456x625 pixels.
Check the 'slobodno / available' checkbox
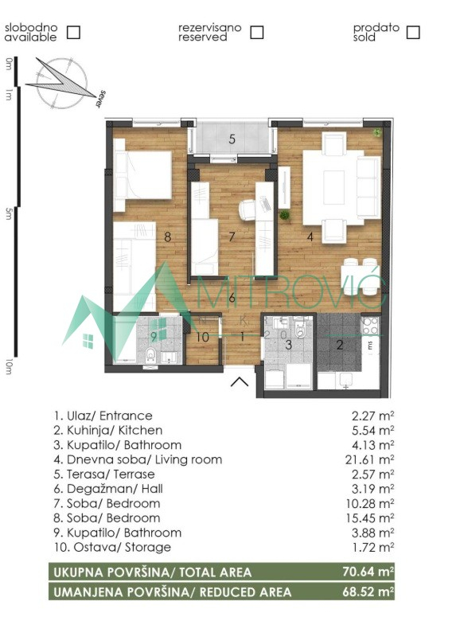[x=73, y=32]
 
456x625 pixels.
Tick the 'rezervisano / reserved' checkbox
[x=257, y=32]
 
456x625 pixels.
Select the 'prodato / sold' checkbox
[x=413, y=32]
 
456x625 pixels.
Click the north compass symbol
[x=62, y=83]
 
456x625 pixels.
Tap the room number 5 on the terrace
[x=232, y=139]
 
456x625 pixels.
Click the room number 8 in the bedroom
[x=168, y=236]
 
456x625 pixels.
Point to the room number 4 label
[x=310, y=236]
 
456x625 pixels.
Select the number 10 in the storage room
[x=203, y=338]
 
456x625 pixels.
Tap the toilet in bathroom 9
[x=150, y=354]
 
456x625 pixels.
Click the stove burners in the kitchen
[x=369, y=326]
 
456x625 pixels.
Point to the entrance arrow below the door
[x=240, y=381]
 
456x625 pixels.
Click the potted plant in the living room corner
[x=376, y=133]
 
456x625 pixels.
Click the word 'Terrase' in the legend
[x=134, y=475]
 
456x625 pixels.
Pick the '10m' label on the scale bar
[x=9, y=367]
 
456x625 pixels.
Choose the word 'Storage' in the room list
[x=148, y=547]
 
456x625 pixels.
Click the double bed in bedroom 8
[x=142, y=174]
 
